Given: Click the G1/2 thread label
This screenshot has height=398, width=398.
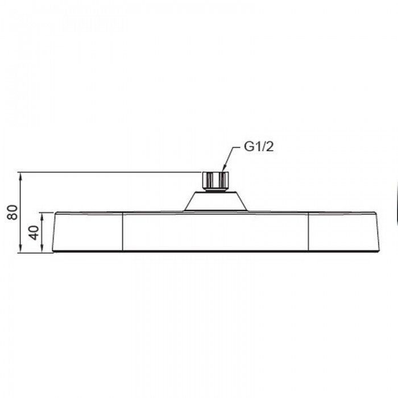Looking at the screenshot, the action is pyautogui.click(x=259, y=147).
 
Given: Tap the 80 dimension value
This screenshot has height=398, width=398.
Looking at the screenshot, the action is pyautogui.click(x=13, y=212).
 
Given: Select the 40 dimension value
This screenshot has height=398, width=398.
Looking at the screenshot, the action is pyautogui.click(x=34, y=233).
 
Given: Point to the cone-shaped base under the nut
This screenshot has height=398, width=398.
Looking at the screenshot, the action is pyautogui.click(x=215, y=201).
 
